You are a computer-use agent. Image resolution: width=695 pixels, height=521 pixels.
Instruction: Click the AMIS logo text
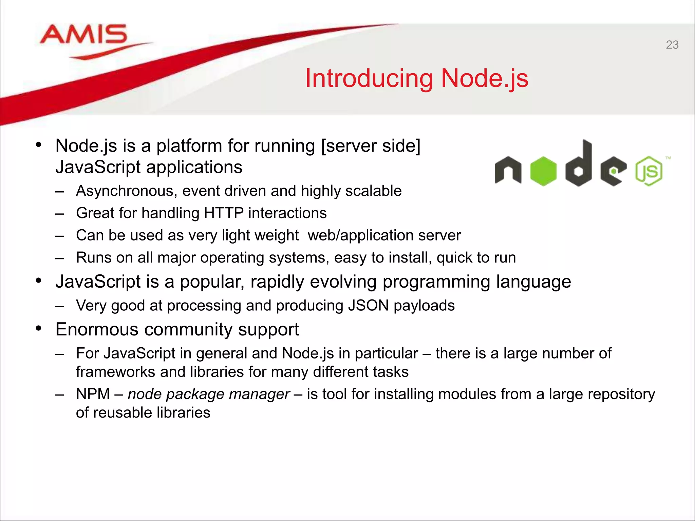point(83,35)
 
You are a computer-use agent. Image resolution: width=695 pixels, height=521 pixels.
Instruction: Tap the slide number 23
point(672,45)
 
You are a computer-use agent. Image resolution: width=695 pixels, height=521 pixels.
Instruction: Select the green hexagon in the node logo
point(543,171)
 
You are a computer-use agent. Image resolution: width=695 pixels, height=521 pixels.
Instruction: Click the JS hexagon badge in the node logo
point(649,171)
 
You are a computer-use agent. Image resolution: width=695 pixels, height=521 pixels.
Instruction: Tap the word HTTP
point(224,213)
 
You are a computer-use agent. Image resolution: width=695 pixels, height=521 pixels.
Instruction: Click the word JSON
point(368,306)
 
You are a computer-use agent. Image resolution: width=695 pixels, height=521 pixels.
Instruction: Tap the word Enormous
point(97,329)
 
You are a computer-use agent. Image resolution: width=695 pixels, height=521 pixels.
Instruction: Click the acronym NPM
point(93,394)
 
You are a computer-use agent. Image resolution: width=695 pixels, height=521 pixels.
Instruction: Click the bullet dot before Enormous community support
point(39,328)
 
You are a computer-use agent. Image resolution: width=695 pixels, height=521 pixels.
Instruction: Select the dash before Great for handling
point(60,214)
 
